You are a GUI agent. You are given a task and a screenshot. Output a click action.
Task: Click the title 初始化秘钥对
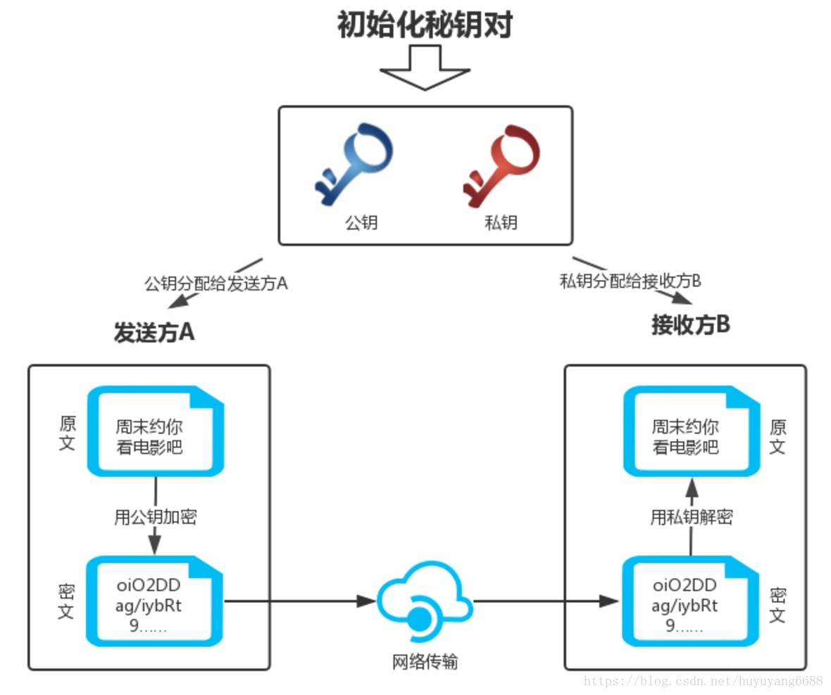click(425, 25)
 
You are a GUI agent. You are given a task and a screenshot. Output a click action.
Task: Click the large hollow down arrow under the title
click(425, 69)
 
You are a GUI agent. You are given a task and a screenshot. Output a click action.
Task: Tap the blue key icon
click(352, 165)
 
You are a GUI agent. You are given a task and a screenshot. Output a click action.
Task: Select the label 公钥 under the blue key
click(361, 223)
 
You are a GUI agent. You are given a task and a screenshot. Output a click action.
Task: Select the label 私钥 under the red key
click(501, 223)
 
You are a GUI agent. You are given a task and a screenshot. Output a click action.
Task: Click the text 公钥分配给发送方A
click(215, 284)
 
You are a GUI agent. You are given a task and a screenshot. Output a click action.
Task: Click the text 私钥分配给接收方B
click(630, 281)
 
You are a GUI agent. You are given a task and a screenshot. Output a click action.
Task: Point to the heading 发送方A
click(154, 332)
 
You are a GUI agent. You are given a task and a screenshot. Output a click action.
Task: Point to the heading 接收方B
click(690, 325)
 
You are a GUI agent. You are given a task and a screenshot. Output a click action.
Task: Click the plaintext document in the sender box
click(154, 431)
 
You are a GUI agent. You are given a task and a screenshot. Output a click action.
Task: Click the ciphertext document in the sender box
click(154, 601)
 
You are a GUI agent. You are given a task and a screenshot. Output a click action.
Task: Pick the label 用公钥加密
click(155, 518)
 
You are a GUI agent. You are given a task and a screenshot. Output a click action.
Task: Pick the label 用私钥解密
click(691, 518)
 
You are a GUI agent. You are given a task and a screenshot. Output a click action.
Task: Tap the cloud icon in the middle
click(425, 602)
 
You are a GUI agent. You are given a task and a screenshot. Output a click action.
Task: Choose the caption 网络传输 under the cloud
click(425, 661)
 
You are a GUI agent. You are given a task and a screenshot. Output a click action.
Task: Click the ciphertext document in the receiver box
click(691, 601)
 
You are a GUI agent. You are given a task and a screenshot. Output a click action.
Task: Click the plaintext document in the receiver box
click(691, 431)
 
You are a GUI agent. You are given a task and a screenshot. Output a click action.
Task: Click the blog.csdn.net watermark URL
click(704, 680)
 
